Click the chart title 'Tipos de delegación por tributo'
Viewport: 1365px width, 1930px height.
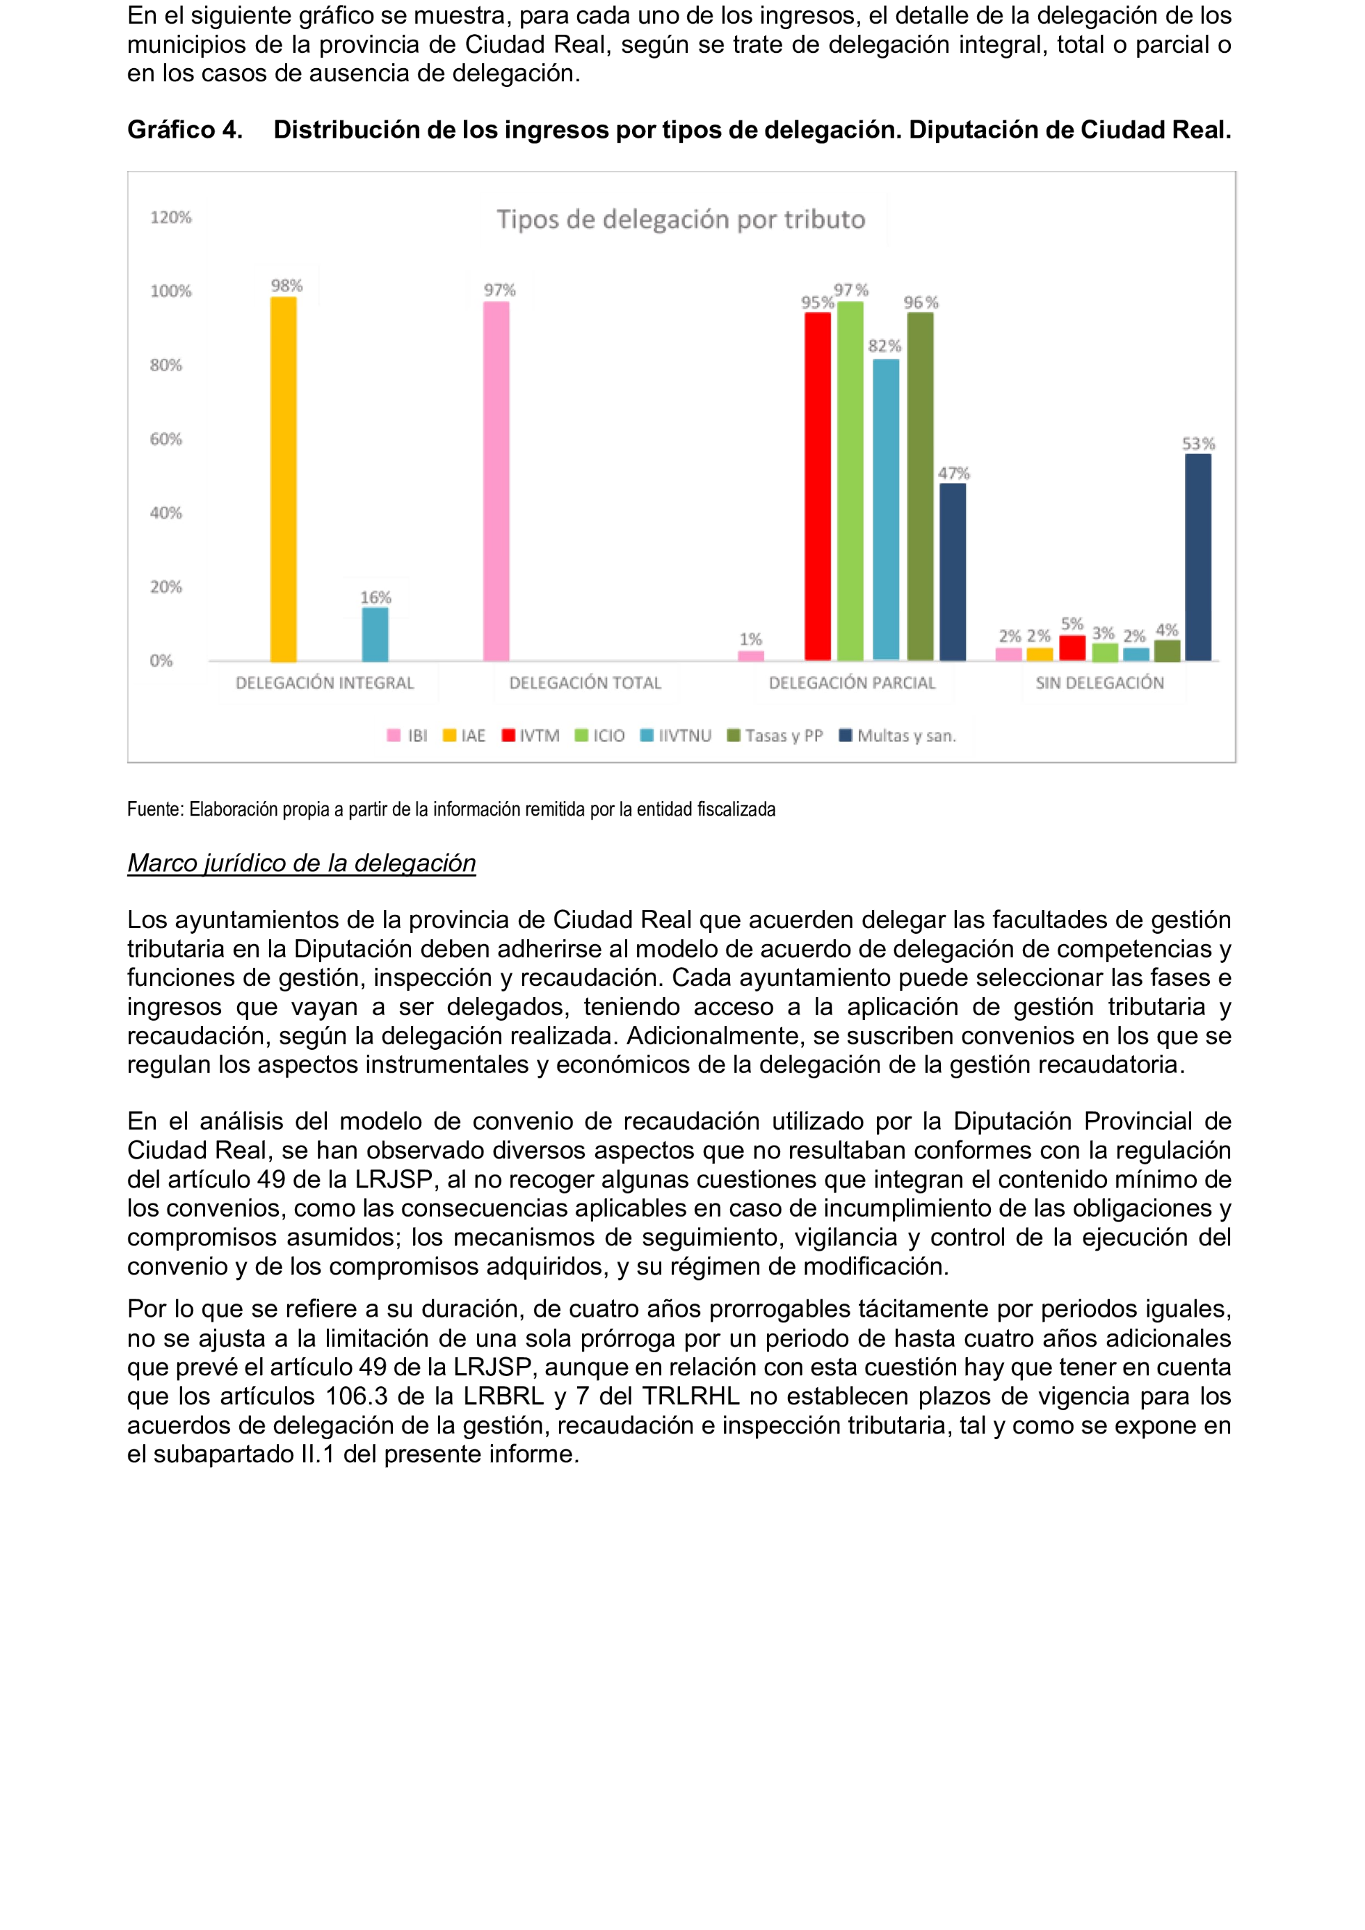pos(680,220)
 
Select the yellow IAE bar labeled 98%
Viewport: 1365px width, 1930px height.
pos(283,479)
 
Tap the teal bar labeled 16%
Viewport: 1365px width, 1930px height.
pos(375,634)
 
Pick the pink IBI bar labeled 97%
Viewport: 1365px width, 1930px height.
pos(496,481)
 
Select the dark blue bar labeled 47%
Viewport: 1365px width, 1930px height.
pos(953,571)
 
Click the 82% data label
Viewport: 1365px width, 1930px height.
pos(885,346)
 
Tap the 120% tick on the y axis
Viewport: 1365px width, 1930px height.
pos(170,218)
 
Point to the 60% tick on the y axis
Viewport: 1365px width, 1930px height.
pos(165,439)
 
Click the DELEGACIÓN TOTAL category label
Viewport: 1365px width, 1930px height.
pos(585,683)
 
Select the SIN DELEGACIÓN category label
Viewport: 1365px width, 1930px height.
pos(1099,683)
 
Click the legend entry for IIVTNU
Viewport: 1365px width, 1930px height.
pos(676,736)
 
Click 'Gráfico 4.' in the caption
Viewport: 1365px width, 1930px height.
pos(185,129)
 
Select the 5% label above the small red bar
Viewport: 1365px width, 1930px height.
pos(1072,624)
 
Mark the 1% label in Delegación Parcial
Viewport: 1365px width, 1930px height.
pos(750,639)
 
